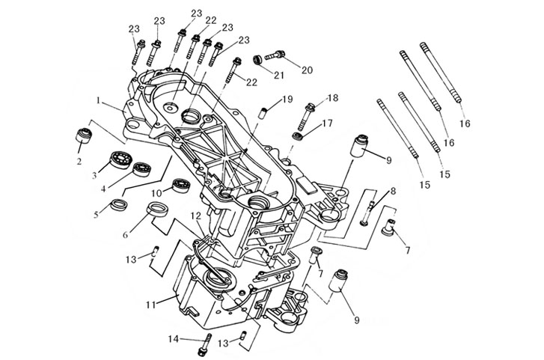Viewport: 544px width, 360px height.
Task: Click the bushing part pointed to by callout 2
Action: (84, 135)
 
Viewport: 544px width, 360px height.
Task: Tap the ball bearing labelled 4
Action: (142, 169)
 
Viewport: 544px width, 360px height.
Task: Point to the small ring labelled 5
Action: (119, 204)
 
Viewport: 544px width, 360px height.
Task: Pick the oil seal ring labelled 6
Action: (158, 209)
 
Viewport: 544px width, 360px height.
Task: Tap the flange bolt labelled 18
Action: (306, 115)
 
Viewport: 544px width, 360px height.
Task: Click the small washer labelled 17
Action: (298, 136)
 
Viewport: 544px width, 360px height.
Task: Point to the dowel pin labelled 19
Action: (265, 113)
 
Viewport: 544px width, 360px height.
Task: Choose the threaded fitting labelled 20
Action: (275, 55)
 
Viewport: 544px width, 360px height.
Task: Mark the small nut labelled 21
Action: (257, 59)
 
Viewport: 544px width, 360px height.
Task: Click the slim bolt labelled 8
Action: (367, 213)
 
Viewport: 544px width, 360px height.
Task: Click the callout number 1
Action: (99, 101)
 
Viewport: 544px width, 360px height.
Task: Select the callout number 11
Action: (151, 305)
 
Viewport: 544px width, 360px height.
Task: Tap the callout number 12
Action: (195, 216)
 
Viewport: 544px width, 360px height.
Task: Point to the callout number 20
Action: (307, 70)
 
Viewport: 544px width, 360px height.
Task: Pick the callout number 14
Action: (174, 339)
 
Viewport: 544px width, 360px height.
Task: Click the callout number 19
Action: (287, 100)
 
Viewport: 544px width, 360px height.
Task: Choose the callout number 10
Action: (157, 192)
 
